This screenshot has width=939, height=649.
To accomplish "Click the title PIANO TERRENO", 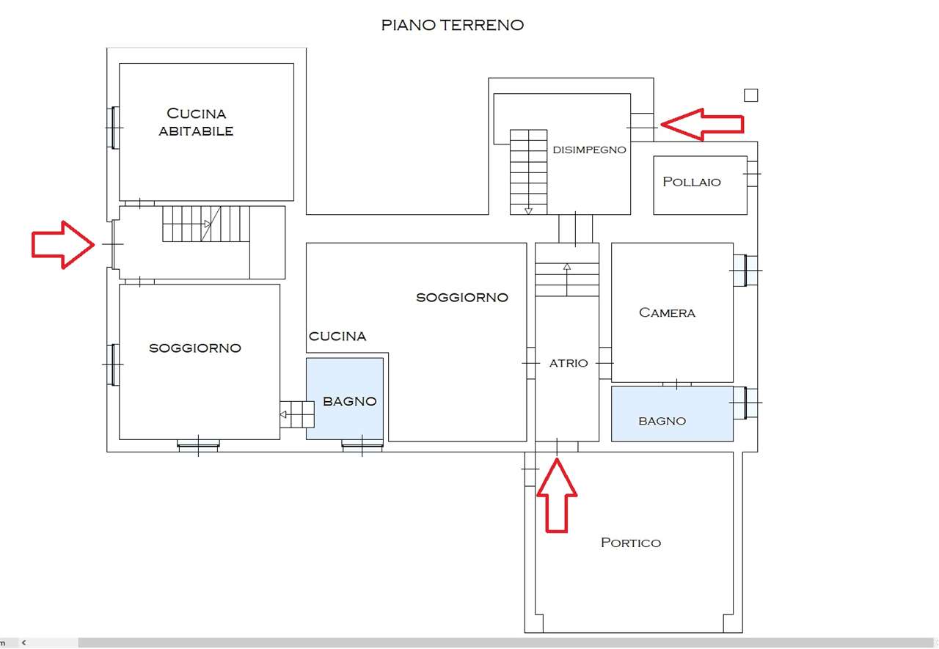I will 452,25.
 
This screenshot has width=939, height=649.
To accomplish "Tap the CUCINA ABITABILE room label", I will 196,122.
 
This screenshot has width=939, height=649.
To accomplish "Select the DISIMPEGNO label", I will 589,150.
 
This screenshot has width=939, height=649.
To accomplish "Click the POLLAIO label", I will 691,181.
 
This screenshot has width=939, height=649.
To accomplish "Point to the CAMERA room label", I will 667,312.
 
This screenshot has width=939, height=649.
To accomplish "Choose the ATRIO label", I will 569,362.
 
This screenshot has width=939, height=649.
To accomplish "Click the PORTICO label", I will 630,543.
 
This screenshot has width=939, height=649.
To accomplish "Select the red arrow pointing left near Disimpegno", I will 703,124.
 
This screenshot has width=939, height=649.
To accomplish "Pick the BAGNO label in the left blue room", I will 349,401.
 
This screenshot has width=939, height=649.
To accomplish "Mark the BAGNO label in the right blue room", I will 662,420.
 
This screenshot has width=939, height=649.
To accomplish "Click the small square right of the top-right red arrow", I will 750,95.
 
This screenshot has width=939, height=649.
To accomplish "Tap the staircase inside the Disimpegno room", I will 528,172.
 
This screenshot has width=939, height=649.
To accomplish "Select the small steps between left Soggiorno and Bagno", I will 296,414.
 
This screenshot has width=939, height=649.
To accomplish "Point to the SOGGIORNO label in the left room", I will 194,348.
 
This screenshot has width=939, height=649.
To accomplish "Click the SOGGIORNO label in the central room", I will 461,297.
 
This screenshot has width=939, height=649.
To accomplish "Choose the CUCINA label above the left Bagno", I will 337,336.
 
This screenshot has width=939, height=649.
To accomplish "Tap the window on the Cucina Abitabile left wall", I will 113,128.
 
